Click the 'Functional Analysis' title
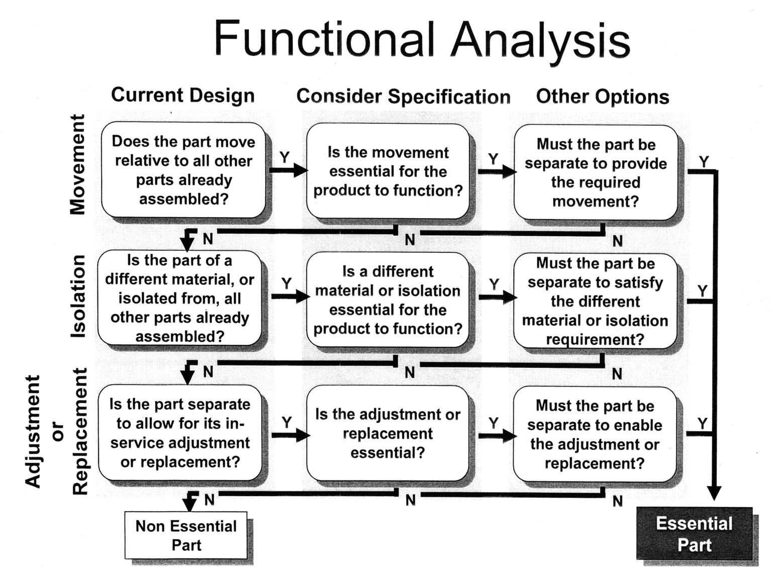click(422, 39)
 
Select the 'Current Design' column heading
click(182, 95)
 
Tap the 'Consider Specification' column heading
click(403, 96)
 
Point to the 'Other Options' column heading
click(602, 96)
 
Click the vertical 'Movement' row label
click(77, 165)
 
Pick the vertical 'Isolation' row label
click(78, 297)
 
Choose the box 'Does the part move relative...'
click(183, 170)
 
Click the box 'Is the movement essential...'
click(388, 171)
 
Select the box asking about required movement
click(595, 172)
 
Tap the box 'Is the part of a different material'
click(179, 298)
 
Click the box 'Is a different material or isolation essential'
click(388, 300)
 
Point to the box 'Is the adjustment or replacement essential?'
click(388, 433)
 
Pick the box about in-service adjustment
click(180, 433)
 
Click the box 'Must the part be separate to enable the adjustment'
click(595, 434)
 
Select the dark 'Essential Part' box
click(694, 534)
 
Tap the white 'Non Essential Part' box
click(186, 535)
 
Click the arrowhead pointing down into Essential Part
click(714, 493)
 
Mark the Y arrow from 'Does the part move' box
click(288, 170)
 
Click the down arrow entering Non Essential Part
click(189, 502)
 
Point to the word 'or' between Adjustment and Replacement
click(57, 431)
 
